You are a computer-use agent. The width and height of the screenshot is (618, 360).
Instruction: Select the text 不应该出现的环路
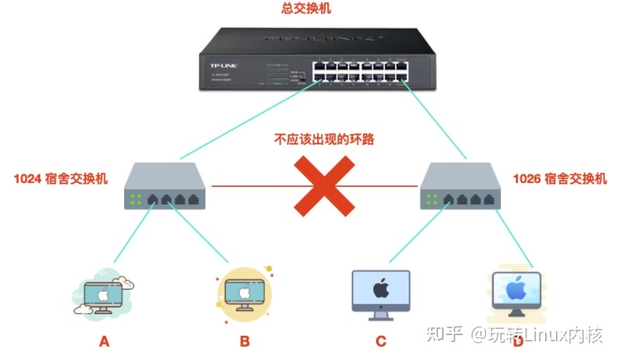(319, 140)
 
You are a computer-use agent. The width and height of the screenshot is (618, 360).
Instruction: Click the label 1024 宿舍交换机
(60, 178)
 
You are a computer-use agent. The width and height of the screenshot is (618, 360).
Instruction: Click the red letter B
(244, 341)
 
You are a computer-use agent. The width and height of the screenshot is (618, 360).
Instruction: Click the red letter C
(380, 341)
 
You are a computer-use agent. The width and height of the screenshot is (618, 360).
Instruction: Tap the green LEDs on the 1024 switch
(136, 199)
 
